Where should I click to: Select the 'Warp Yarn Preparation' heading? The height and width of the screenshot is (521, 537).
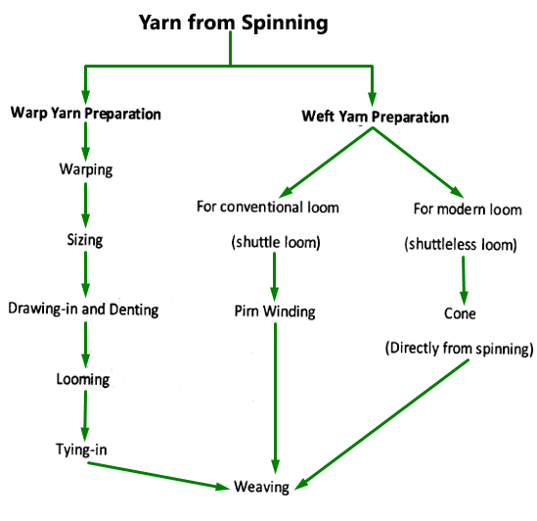pyautogui.click(x=85, y=114)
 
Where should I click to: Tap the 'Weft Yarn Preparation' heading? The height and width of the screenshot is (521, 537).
pyautogui.click(x=375, y=118)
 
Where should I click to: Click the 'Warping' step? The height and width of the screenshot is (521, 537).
pyautogui.click(x=86, y=169)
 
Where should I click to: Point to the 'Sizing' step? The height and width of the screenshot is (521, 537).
pyautogui.click(x=85, y=239)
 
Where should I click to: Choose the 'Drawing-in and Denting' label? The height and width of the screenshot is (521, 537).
pyautogui.click(x=83, y=309)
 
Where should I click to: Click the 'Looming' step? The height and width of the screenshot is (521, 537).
pyautogui.click(x=85, y=378)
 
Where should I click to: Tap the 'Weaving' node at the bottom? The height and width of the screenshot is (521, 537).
pyautogui.click(x=261, y=487)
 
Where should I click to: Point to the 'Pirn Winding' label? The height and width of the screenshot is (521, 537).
pyautogui.click(x=274, y=311)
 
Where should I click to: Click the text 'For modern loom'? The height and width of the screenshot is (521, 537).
pyautogui.click(x=467, y=210)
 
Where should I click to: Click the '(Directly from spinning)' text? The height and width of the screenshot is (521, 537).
pyautogui.click(x=461, y=348)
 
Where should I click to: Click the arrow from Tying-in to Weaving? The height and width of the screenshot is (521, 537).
pyautogui.click(x=157, y=473)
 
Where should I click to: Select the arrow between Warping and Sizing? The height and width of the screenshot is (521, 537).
pyautogui.click(x=86, y=205)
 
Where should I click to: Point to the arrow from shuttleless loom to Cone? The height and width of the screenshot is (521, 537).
pyautogui.click(x=463, y=278)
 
